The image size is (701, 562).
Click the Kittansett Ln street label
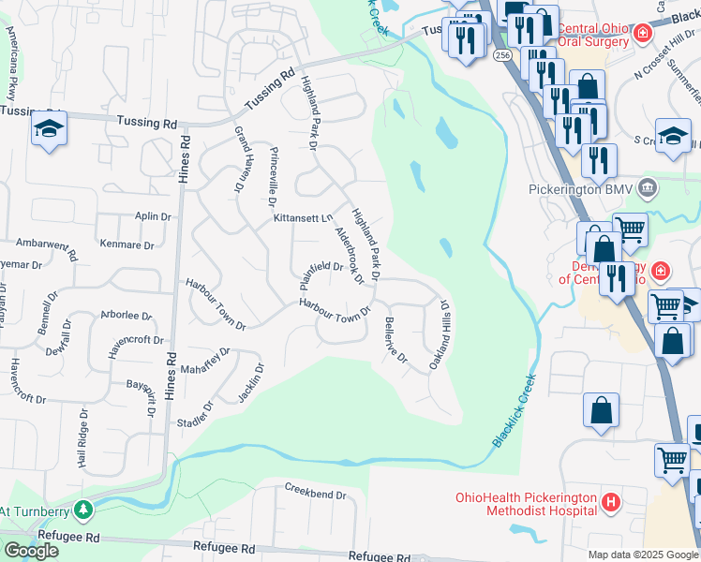pos(303,218)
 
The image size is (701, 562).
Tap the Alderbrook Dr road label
pos(348,254)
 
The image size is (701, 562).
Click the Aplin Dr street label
pos(153,216)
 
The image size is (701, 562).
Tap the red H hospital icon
pos(611,503)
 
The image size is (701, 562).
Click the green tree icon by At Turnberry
pos(83,510)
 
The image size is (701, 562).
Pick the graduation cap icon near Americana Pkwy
pos(48,131)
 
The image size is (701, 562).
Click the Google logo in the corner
pos(31,551)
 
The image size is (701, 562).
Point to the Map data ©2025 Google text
pos(642,555)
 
